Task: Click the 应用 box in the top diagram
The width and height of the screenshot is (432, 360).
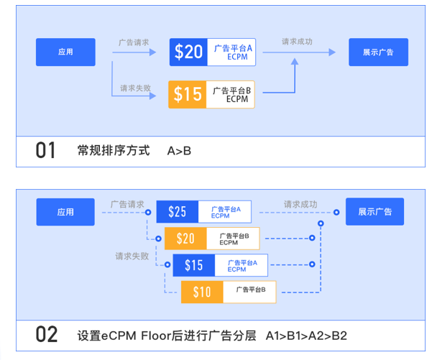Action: (x=65, y=52)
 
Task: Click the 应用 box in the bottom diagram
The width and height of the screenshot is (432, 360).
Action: (x=65, y=212)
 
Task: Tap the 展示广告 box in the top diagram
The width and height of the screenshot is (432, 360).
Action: (x=377, y=52)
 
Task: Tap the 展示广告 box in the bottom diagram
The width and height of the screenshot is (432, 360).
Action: (x=374, y=212)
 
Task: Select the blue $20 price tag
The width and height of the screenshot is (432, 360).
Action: (x=189, y=52)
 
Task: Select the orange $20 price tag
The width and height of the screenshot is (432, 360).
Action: (x=185, y=238)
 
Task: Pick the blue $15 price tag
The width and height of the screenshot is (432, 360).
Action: (x=193, y=265)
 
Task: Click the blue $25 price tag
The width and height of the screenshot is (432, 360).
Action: (x=177, y=211)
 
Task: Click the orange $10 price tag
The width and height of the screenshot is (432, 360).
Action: (x=202, y=291)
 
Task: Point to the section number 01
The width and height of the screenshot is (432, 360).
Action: (x=46, y=151)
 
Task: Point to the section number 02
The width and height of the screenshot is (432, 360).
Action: (x=46, y=335)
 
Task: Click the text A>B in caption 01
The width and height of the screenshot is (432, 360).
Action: (x=180, y=151)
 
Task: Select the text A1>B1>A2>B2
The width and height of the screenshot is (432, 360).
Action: (x=306, y=336)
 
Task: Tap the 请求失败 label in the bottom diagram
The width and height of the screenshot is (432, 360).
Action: (x=132, y=255)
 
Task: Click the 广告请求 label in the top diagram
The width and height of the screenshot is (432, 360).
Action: (x=134, y=42)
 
